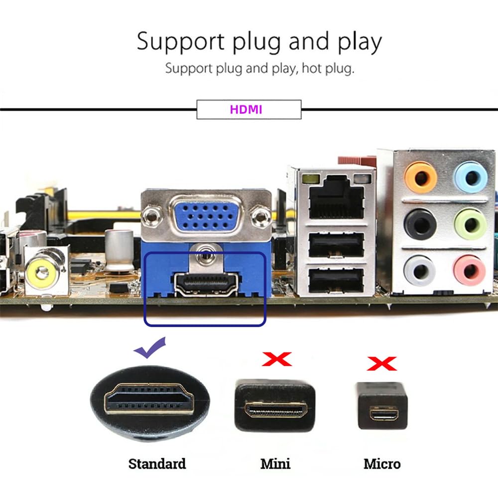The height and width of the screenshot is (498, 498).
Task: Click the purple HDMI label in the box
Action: point(246,110)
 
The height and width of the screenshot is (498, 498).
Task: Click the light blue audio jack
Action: point(470,176)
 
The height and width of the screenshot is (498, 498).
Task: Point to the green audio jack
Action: point(470,224)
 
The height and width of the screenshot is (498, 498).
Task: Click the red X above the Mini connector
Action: point(276,358)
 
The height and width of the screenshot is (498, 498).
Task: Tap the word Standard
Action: point(157,464)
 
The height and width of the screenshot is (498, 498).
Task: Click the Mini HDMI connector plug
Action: point(275,405)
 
